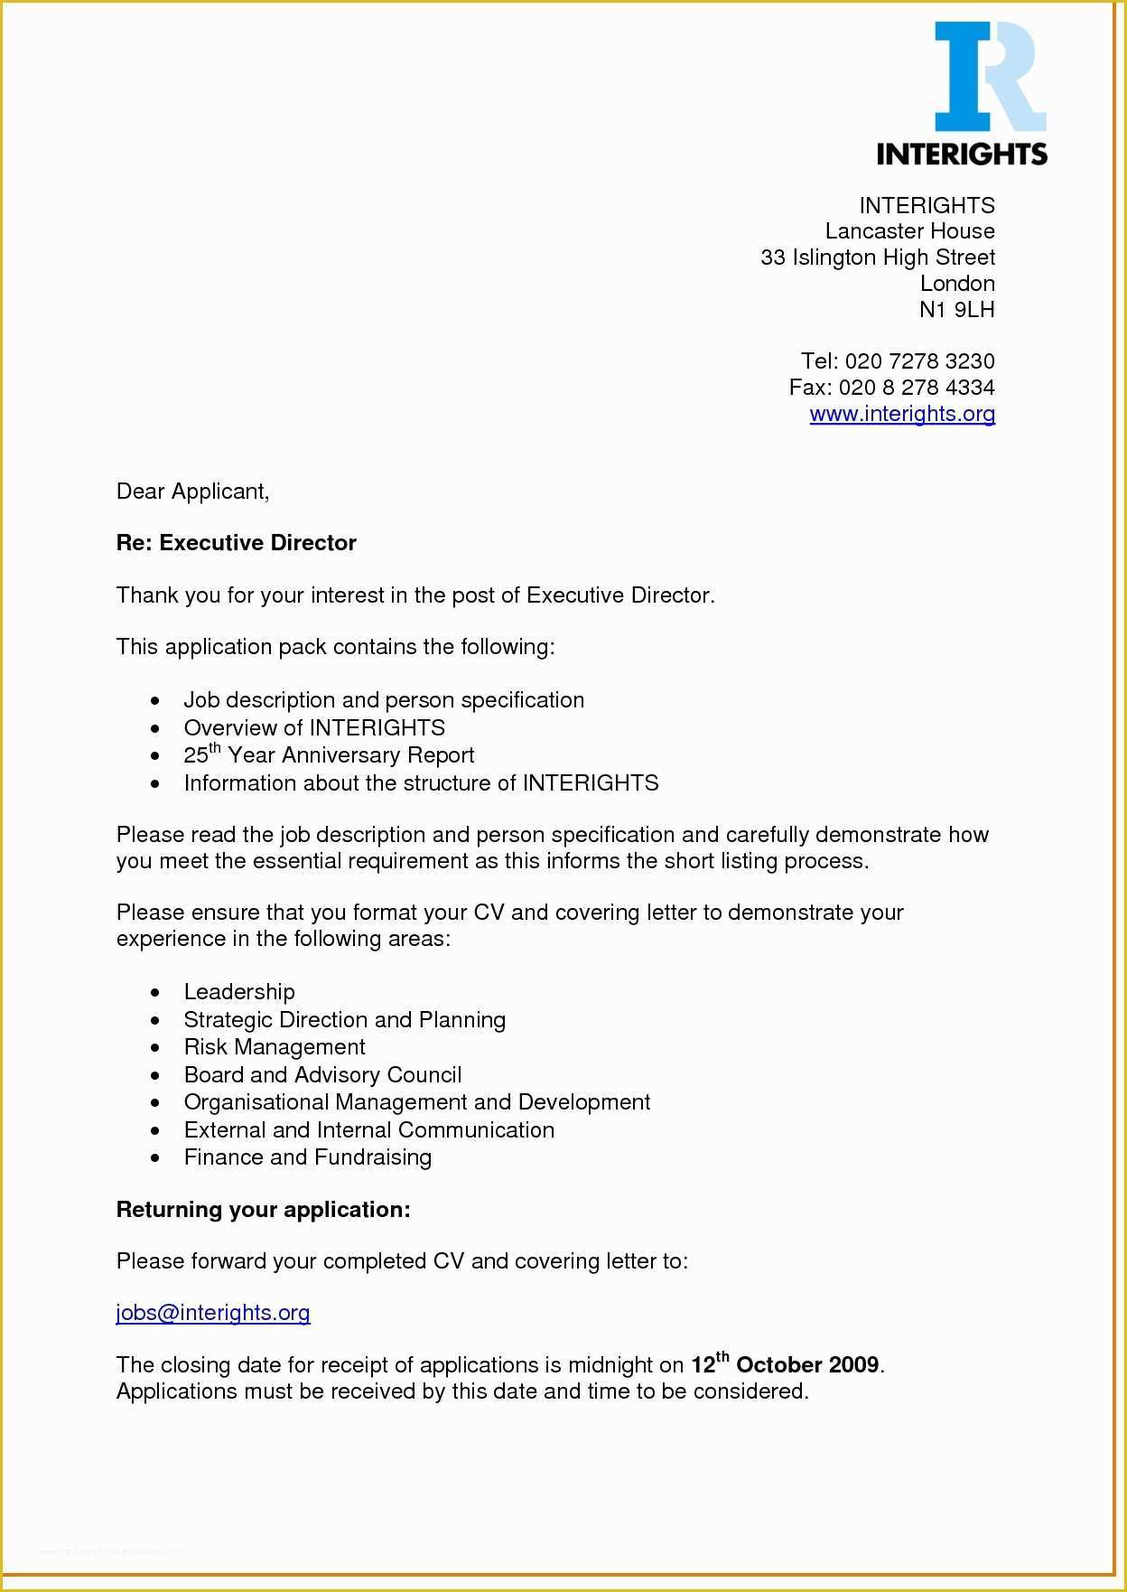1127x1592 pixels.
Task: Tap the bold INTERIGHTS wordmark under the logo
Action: pyautogui.click(x=962, y=154)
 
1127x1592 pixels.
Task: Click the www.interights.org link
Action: pyautogui.click(x=902, y=414)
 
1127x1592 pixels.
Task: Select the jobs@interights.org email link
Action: pyautogui.click(x=213, y=1313)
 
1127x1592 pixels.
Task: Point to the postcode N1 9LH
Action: pyautogui.click(x=956, y=310)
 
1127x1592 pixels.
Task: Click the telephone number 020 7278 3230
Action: pyautogui.click(x=919, y=361)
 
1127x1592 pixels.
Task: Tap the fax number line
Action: pyautogui.click(x=891, y=388)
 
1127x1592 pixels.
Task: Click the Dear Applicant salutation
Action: pyautogui.click(x=192, y=492)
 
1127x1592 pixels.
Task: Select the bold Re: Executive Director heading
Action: pyautogui.click(x=237, y=543)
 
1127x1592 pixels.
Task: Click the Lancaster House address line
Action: pyautogui.click(x=909, y=231)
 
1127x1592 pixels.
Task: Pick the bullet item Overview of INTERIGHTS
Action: pyautogui.click(x=314, y=728)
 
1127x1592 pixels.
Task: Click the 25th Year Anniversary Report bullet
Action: pyautogui.click(x=329, y=755)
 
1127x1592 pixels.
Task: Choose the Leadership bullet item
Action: pyautogui.click(x=239, y=992)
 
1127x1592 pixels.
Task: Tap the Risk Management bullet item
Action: pyautogui.click(x=275, y=1047)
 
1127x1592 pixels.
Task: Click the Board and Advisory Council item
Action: pyautogui.click(x=322, y=1075)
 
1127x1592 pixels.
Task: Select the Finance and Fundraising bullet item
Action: pyautogui.click(x=308, y=1157)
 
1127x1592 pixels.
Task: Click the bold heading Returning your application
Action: pyautogui.click(x=264, y=1210)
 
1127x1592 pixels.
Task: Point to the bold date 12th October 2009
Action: pyautogui.click(x=785, y=1364)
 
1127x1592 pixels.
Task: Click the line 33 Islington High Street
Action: pyautogui.click(x=878, y=258)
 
